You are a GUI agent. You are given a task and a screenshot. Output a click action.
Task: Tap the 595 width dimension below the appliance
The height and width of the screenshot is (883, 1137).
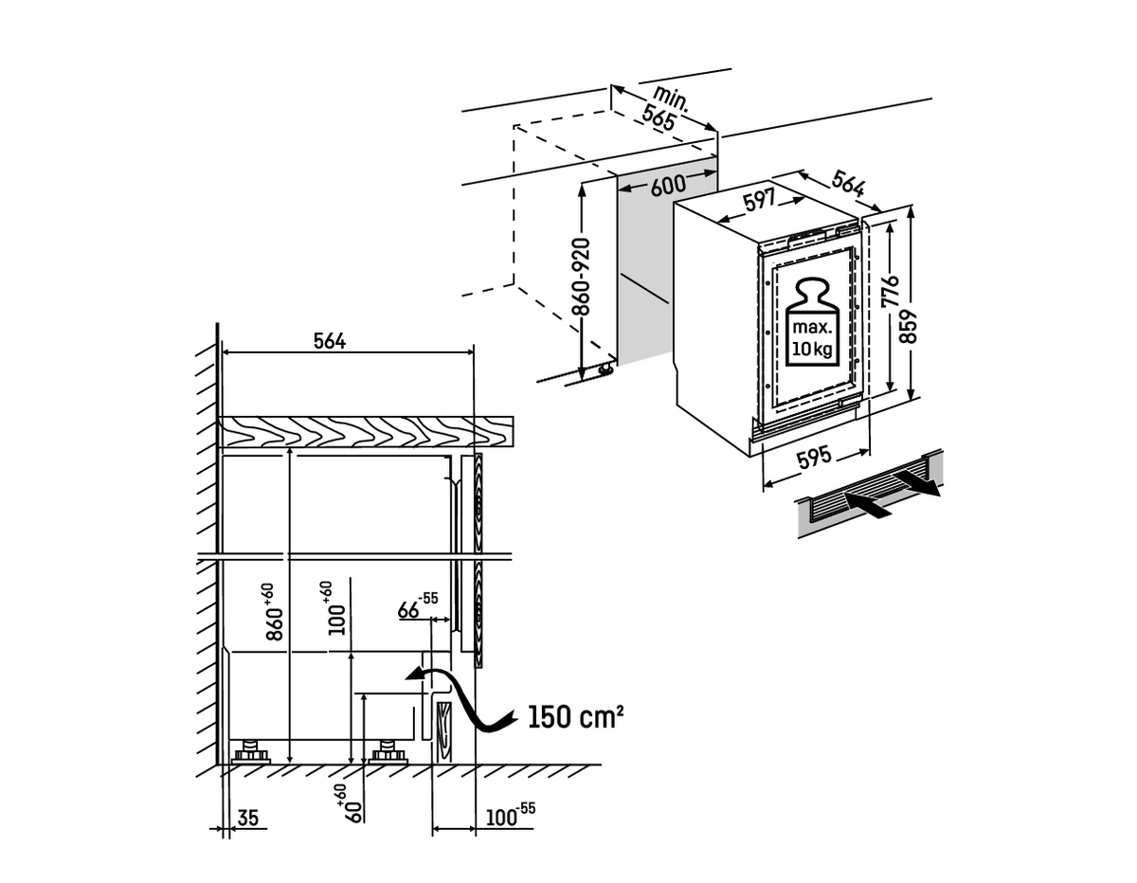(x=814, y=458)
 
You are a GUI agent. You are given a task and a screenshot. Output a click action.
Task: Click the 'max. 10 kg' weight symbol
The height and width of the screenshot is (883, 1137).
(x=812, y=322)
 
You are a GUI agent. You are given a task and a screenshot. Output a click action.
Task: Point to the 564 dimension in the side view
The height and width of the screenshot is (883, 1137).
(x=329, y=342)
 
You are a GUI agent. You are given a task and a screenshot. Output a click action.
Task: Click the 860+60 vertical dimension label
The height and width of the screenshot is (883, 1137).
(x=273, y=611)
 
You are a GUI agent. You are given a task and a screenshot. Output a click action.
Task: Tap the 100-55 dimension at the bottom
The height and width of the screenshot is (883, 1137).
(x=510, y=815)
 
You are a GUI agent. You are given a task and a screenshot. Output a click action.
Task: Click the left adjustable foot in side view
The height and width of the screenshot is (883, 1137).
(x=252, y=753)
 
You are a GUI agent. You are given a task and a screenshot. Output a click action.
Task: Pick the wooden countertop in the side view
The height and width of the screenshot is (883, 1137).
(x=365, y=432)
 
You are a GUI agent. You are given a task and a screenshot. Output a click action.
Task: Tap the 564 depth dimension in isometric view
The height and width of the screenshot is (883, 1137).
(x=849, y=183)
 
